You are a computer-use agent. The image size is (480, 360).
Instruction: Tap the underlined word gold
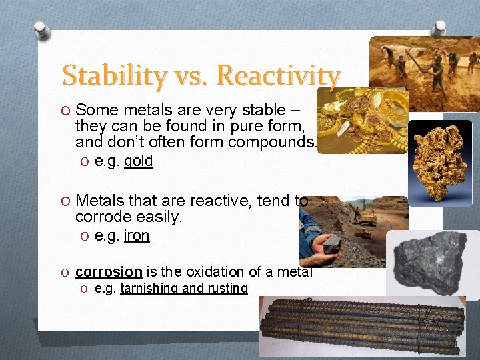[x=139, y=161]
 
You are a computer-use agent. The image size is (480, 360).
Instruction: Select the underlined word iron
[x=137, y=236]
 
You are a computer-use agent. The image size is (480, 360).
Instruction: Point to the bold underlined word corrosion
[x=109, y=271]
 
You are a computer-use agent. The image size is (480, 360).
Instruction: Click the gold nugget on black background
[x=440, y=162]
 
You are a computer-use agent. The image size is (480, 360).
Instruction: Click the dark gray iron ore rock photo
[x=433, y=262]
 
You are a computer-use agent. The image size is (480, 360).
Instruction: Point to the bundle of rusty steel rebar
[x=363, y=323]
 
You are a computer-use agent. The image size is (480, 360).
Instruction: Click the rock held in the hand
[x=331, y=243]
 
